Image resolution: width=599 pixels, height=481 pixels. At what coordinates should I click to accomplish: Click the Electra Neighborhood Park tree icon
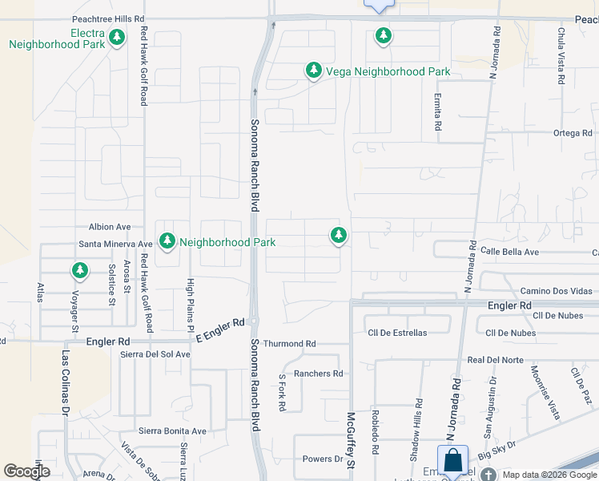(x=117, y=37)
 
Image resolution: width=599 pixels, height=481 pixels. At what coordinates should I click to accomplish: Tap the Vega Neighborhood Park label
(x=388, y=72)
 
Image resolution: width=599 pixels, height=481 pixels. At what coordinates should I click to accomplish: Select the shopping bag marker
(x=452, y=460)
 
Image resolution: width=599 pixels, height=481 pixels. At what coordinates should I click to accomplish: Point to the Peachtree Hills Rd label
(x=108, y=18)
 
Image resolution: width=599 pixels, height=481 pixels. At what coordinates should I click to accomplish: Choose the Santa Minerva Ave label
(x=115, y=244)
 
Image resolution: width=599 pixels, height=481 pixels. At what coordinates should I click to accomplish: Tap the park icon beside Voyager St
(x=79, y=270)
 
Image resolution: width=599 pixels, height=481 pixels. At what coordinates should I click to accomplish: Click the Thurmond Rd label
(x=289, y=343)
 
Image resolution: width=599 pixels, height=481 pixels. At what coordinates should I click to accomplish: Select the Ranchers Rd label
(x=318, y=374)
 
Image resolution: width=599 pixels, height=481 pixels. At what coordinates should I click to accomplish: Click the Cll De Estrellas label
(x=396, y=333)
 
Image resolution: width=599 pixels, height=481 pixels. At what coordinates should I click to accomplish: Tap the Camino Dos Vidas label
(x=556, y=290)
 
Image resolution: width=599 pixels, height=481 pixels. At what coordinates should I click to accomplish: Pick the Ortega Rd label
(x=571, y=133)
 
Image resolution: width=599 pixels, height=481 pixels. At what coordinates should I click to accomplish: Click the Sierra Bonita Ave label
(x=171, y=430)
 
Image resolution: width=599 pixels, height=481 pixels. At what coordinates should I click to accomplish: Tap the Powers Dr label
(x=322, y=459)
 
